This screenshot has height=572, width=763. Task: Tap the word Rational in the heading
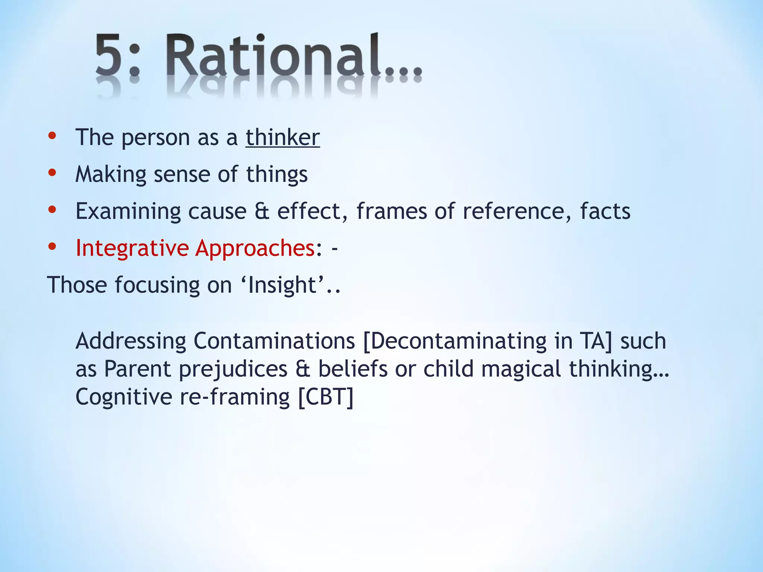pyautogui.click(x=274, y=55)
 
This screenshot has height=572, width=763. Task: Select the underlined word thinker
pyautogui.click(x=282, y=137)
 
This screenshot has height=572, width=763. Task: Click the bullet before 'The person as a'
pyautogui.click(x=52, y=136)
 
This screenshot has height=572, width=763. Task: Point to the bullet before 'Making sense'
pyautogui.click(x=52, y=173)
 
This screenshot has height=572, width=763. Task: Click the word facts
pyautogui.click(x=605, y=211)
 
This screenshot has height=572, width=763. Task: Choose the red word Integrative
pyautogui.click(x=132, y=248)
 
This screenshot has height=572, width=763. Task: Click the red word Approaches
pyautogui.click(x=255, y=248)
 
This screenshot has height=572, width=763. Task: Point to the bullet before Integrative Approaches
pyautogui.click(x=52, y=247)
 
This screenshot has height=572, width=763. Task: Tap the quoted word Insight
pyautogui.click(x=282, y=285)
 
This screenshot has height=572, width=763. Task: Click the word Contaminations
pyautogui.click(x=274, y=341)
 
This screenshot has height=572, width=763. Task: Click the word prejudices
pyautogui.click(x=233, y=369)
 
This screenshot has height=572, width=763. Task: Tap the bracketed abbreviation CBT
pyautogui.click(x=326, y=397)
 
